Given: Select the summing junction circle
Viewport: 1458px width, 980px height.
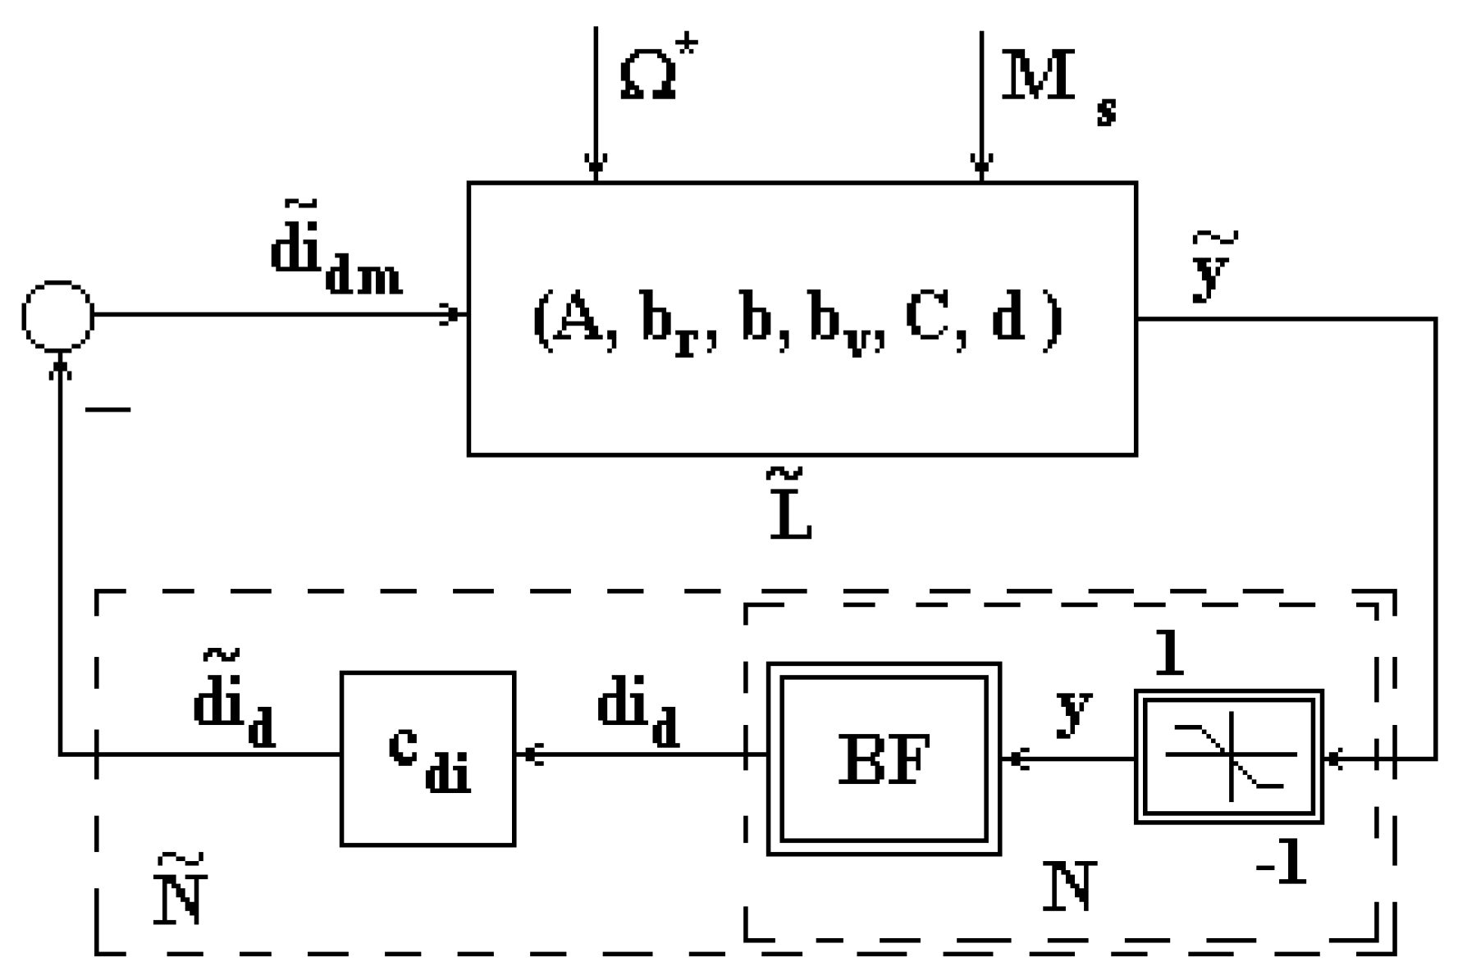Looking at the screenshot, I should click(x=57, y=317).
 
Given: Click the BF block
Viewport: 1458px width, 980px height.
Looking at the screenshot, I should click(x=884, y=759).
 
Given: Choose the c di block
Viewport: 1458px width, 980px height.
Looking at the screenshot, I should click(x=427, y=759).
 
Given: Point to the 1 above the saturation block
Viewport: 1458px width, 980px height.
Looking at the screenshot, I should click(x=1168, y=651).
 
